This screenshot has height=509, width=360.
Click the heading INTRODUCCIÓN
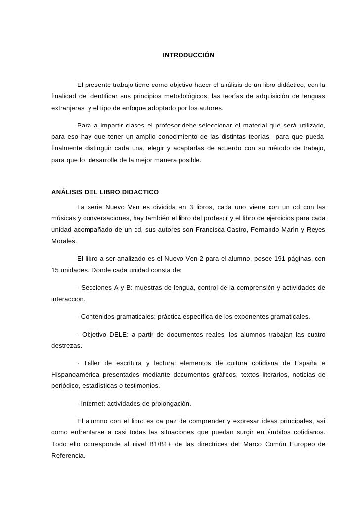pos(188,55)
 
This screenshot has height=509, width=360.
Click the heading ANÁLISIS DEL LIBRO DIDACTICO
pos(105,192)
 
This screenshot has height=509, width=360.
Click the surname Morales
pos(64,242)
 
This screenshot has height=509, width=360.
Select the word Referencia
pos(68,456)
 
